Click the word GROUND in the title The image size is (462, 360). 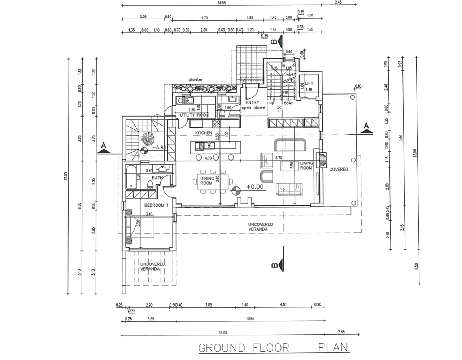coord(222,348)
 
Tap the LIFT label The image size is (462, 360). coord(309,83)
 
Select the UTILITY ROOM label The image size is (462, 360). coord(194,115)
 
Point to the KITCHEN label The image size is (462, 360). coord(204,133)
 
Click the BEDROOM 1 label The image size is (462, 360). coord(156,205)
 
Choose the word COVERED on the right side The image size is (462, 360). coord(339,169)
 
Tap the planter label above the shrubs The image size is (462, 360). coord(195,80)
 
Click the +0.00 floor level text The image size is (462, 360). coord(255,187)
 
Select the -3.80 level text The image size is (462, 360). coord(159,147)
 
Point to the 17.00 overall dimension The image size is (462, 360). coord(65,176)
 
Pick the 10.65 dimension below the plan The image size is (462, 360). coord(250,319)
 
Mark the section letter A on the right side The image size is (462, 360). coord(366,126)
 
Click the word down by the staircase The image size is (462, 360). coord(288,103)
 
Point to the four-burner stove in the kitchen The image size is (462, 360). coord(216,124)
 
